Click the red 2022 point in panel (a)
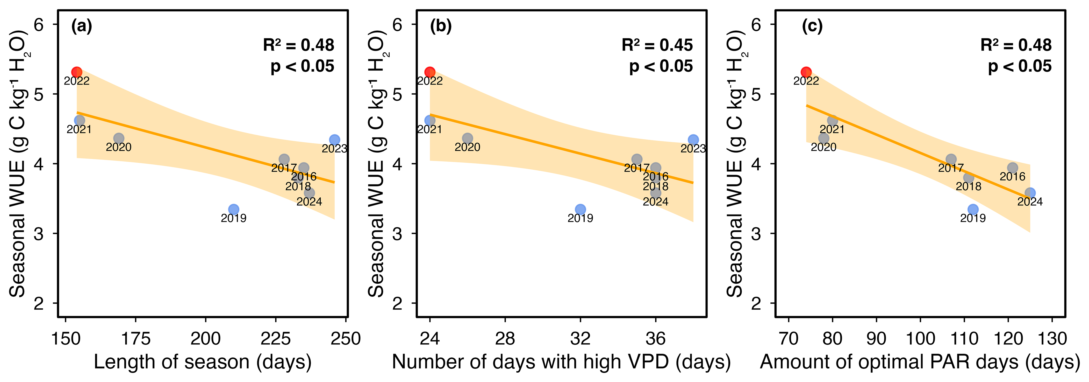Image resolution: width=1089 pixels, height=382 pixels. click(76, 72)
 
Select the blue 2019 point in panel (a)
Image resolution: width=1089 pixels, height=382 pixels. click(234, 209)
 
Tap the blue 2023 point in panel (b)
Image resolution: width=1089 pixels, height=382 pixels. click(693, 140)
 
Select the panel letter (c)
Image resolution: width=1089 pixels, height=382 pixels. click(812, 26)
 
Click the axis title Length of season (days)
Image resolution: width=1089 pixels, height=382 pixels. click(203, 362)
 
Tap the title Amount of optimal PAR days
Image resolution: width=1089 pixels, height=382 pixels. click(890, 362)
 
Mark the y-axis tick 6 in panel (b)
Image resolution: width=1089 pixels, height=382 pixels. click(397, 25)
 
